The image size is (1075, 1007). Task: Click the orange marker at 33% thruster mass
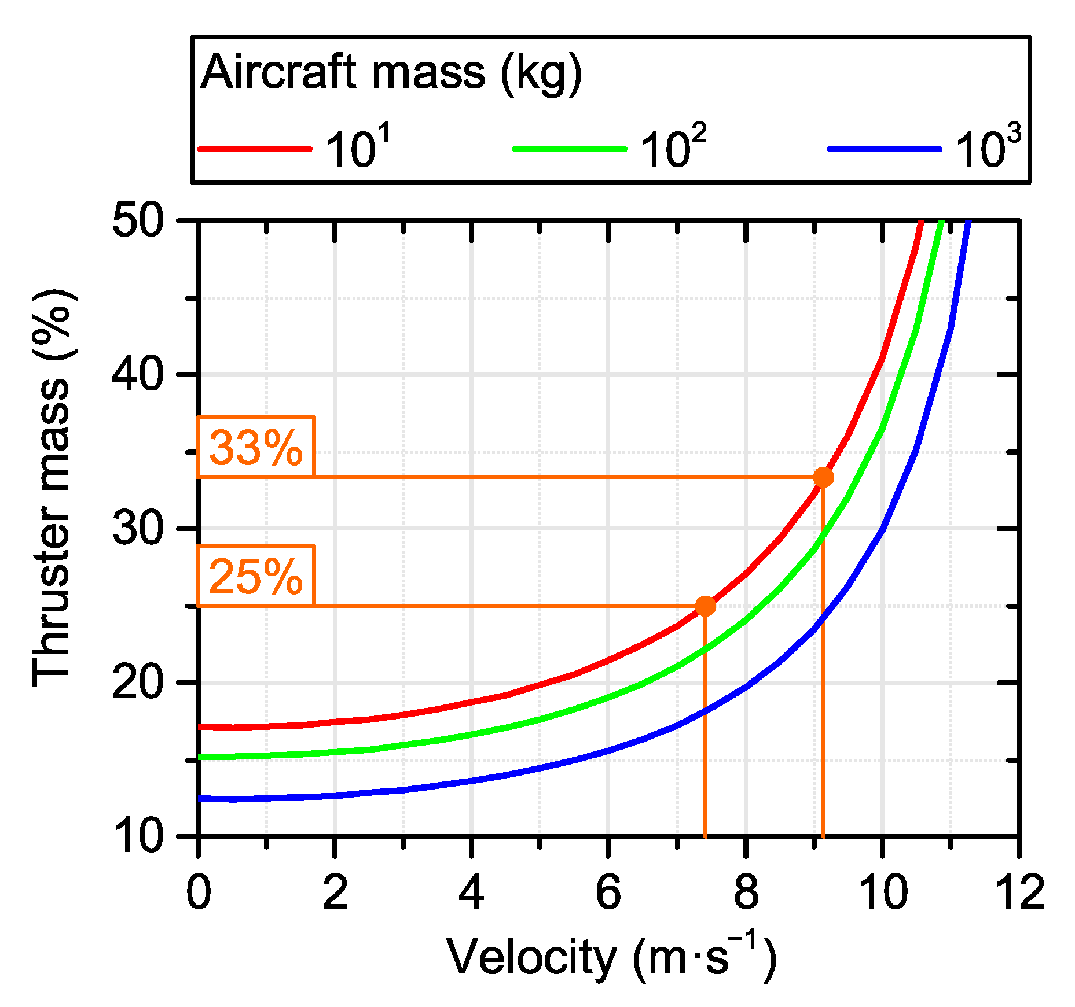823,477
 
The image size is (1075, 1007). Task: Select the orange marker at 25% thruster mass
705,606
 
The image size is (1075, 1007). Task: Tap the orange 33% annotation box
256,447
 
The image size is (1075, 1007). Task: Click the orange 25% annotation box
256,576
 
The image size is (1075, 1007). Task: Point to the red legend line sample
255,149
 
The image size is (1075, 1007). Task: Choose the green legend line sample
570,149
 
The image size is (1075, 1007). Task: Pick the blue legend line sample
884,149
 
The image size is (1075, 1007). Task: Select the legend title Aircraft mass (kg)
391,73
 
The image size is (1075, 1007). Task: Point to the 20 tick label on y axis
138,683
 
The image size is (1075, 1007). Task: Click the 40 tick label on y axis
138,375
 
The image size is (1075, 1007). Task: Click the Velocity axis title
610,958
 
